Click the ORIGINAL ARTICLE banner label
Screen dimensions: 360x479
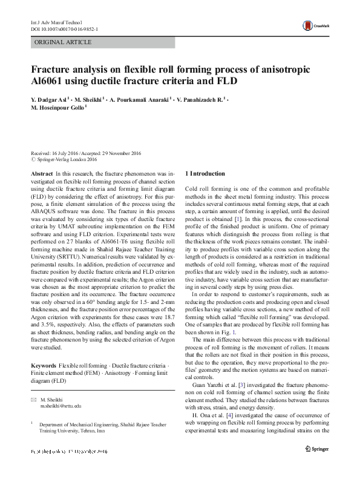coord(64,42)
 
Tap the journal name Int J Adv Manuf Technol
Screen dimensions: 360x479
coord(57,22)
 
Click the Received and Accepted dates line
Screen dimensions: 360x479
coord(85,153)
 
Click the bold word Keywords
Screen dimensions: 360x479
coord(44,367)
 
